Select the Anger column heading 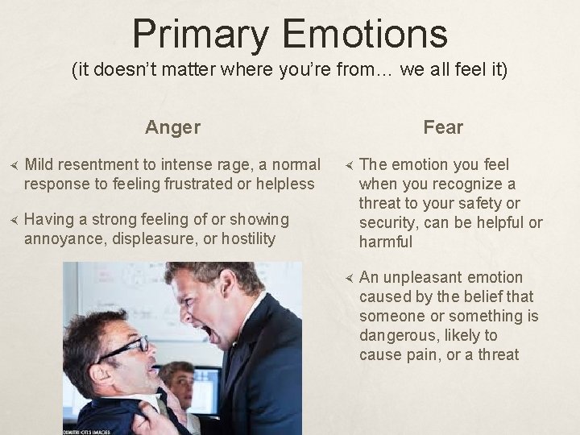click(x=173, y=127)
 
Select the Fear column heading click(x=443, y=127)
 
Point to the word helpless click(x=284, y=184)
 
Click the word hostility click(x=246, y=238)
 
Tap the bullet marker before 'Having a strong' click(x=11, y=220)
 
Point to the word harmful click(x=386, y=242)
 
